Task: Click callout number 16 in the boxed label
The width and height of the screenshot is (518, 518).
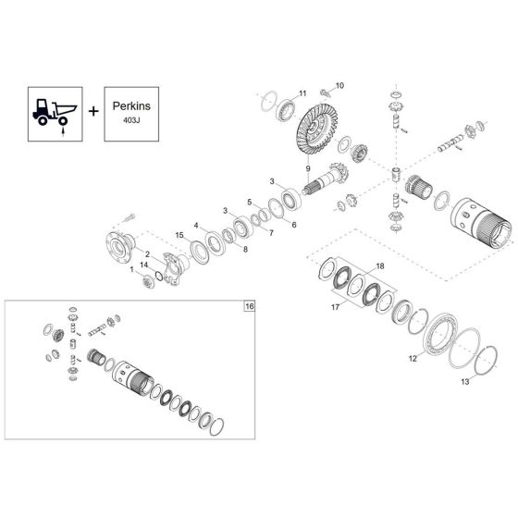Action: click(248, 305)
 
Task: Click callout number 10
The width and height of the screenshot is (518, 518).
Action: click(339, 85)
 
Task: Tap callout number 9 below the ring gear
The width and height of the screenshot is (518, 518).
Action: click(308, 167)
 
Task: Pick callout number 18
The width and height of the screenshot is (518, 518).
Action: click(378, 265)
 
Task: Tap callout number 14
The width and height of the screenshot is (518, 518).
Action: click(143, 265)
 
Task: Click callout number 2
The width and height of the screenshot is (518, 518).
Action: click(147, 253)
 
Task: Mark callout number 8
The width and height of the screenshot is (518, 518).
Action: click(245, 249)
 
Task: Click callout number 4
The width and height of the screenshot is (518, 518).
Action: click(196, 225)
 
